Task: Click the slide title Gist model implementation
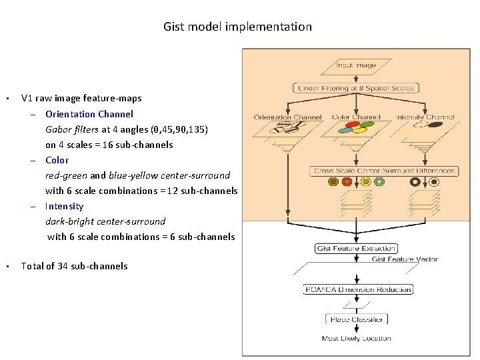[x=237, y=27]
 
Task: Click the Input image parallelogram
[x=355, y=65]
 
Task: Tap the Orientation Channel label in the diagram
[x=288, y=117]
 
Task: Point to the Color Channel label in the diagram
[x=356, y=117]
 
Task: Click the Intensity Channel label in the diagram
[x=425, y=117]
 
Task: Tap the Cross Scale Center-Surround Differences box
[x=385, y=171]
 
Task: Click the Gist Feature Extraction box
[x=355, y=249]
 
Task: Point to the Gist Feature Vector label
[x=405, y=259]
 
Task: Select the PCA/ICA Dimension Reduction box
[x=357, y=289]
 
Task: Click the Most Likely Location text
[x=356, y=339]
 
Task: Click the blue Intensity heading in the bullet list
[x=65, y=206]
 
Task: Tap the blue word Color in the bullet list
[x=57, y=160]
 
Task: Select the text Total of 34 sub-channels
[x=74, y=266]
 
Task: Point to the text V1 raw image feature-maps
[x=81, y=99]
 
